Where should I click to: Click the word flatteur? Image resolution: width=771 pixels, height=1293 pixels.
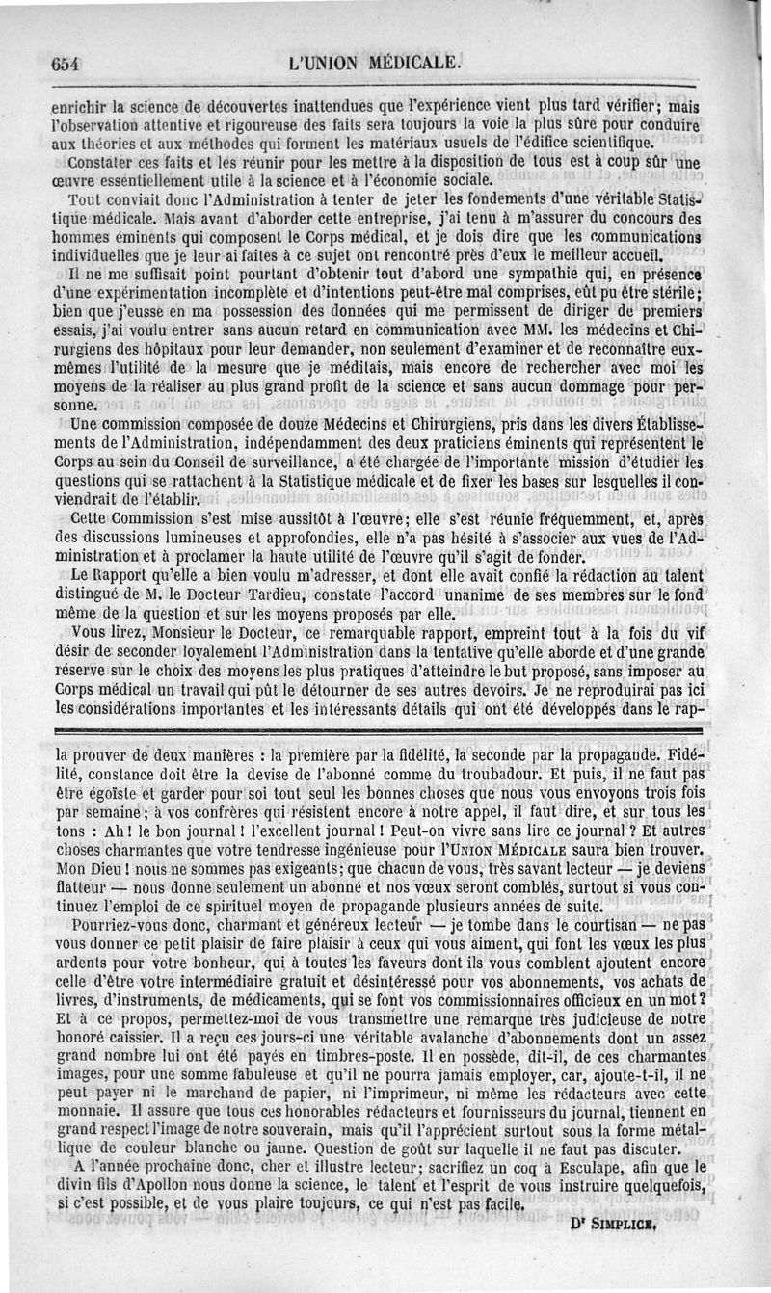coord(84,884)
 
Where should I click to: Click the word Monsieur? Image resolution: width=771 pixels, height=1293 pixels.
coord(154,634)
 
